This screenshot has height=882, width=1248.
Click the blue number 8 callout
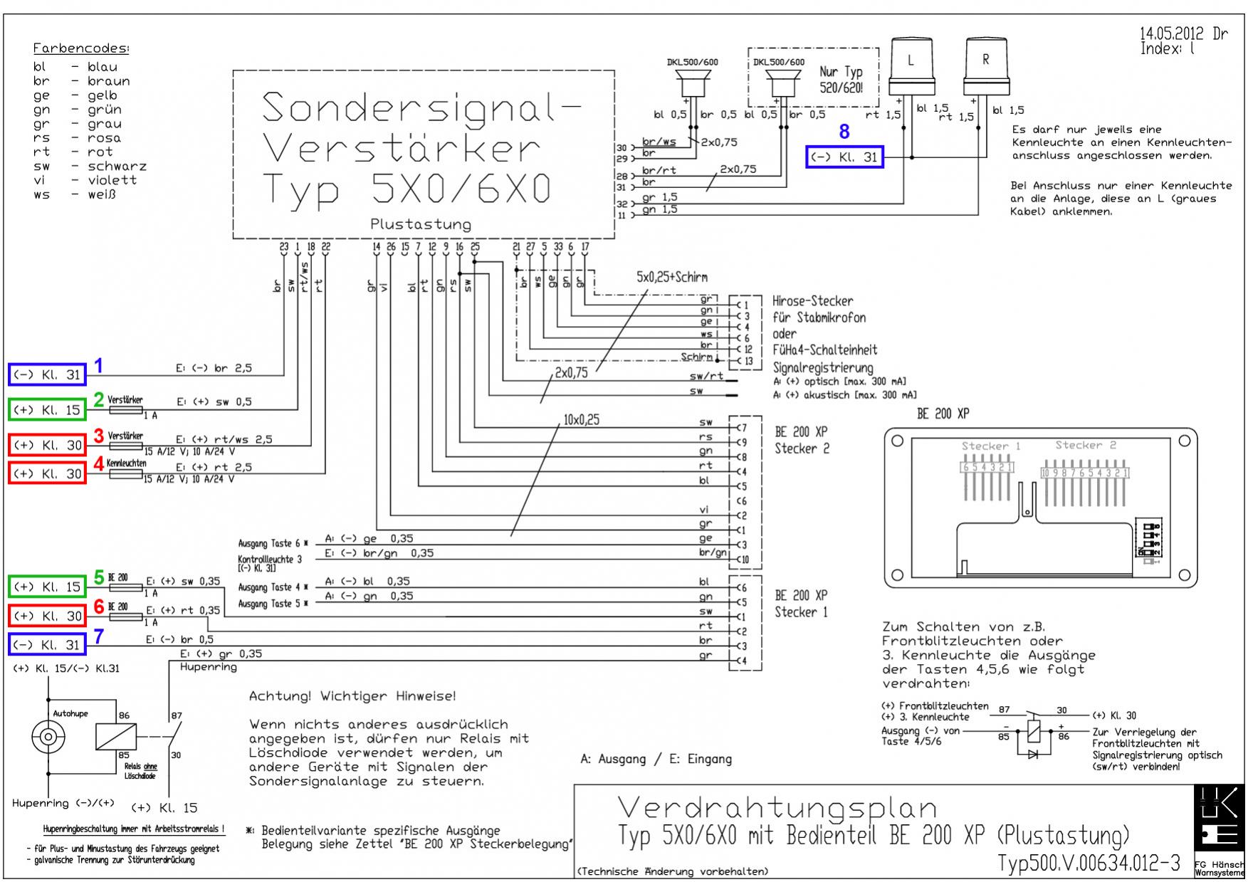pos(844,132)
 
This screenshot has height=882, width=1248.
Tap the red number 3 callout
pos(99,435)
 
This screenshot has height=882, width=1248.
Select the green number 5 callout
pos(100,577)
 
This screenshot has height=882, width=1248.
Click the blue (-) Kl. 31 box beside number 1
pos(47,374)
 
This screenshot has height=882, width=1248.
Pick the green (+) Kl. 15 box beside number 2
pos(47,410)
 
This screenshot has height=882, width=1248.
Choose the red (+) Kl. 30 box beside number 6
pos(47,616)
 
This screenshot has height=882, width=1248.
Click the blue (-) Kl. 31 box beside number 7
pos(47,645)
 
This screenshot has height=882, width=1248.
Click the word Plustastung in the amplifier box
pos(421,224)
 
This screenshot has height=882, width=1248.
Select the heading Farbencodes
pos(81,49)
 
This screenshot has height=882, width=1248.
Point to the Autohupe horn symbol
pos(48,737)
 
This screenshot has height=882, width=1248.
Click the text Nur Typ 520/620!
pos(841,80)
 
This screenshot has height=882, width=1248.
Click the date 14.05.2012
pos(1171,33)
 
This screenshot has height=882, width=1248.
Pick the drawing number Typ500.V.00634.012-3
pos(1089,863)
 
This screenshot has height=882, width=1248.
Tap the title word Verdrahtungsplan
pos(776,808)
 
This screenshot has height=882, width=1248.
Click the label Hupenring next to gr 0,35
pos(208,667)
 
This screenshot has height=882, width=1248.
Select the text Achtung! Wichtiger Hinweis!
pos(352,696)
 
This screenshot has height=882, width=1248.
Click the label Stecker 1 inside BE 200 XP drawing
pos(990,446)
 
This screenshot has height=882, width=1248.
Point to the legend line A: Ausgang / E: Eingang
pos(656,759)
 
